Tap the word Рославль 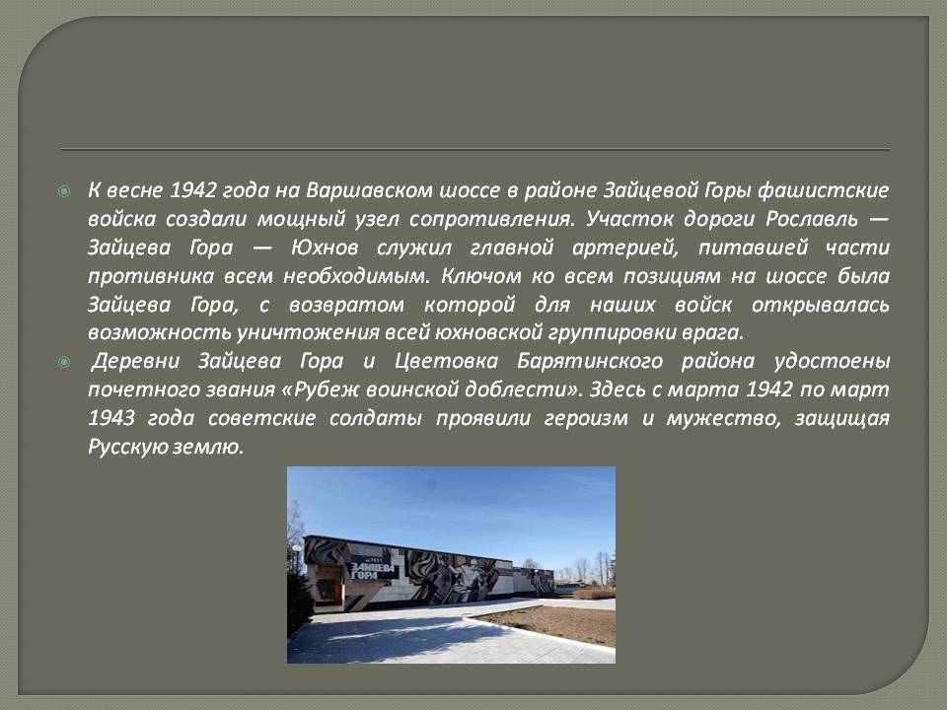[812, 219]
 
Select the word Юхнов [325, 247]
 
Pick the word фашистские [823, 190]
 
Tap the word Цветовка [446, 361]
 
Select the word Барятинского [590, 361]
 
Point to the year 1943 [111, 418]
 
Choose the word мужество [723, 418]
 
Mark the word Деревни [135, 361]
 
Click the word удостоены [832, 361]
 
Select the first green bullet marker [64, 191]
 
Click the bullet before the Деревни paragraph [64, 362]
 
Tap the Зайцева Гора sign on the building [373, 571]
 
